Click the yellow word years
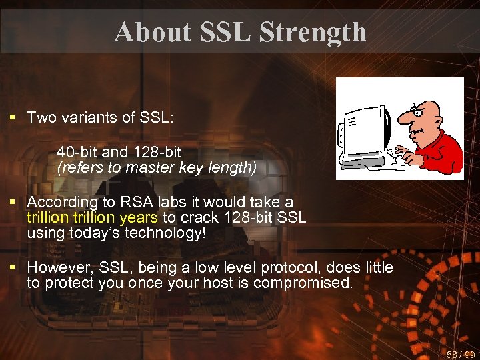click(139, 217)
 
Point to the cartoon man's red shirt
click(445, 147)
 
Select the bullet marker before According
click(11, 202)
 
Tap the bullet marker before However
click(11, 268)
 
